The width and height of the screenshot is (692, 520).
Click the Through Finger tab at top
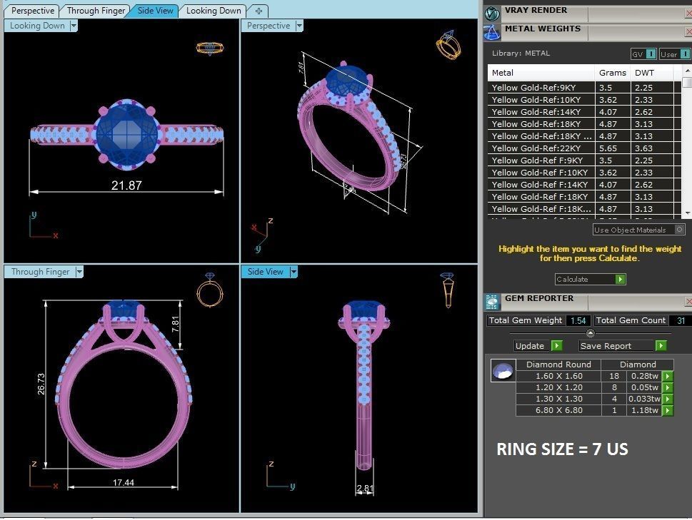(96, 11)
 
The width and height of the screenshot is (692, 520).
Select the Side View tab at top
(155, 11)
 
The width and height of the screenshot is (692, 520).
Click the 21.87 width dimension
(126, 185)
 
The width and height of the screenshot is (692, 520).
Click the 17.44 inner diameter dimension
(124, 483)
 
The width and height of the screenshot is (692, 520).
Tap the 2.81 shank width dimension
(365, 489)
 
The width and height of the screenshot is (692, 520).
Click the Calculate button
(590, 280)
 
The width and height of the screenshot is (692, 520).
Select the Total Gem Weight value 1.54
(578, 321)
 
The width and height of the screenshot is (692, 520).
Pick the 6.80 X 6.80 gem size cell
(559, 411)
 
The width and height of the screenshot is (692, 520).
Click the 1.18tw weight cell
(643, 411)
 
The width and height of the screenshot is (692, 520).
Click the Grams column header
(613, 73)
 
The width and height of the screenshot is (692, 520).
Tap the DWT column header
(645, 73)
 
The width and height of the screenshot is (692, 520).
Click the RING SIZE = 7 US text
(562, 449)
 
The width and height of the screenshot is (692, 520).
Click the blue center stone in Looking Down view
(126, 132)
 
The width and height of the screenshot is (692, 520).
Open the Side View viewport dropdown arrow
(294, 272)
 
